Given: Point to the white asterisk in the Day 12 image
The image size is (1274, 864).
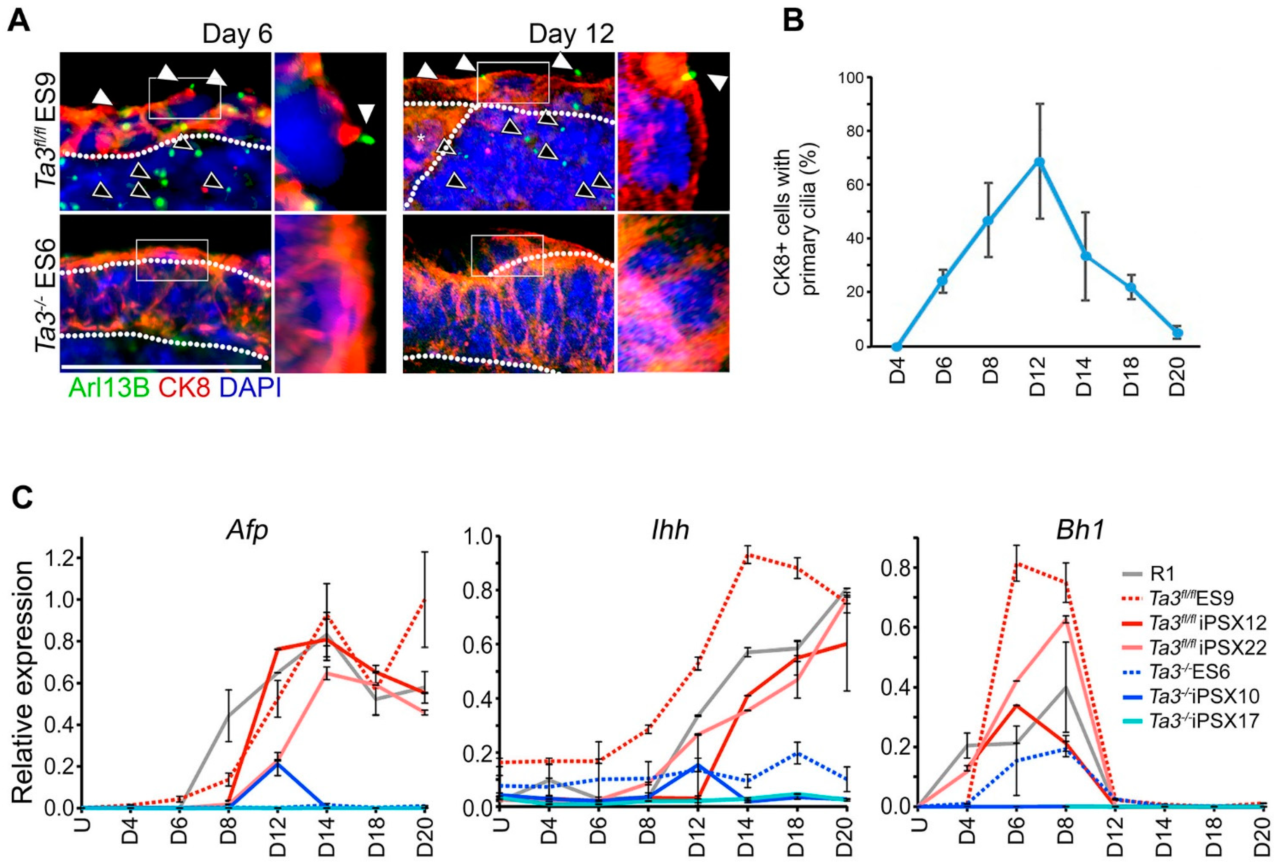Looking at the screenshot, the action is pos(421,139).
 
